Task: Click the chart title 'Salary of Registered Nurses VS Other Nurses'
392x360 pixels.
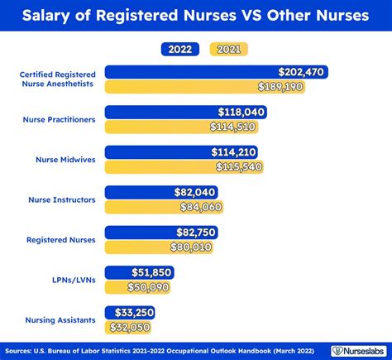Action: point(196,16)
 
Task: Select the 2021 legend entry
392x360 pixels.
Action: point(230,50)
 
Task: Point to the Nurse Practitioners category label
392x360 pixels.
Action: point(60,119)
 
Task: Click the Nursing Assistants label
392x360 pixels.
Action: point(60,319)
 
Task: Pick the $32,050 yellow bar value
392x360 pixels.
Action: point(131,326)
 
